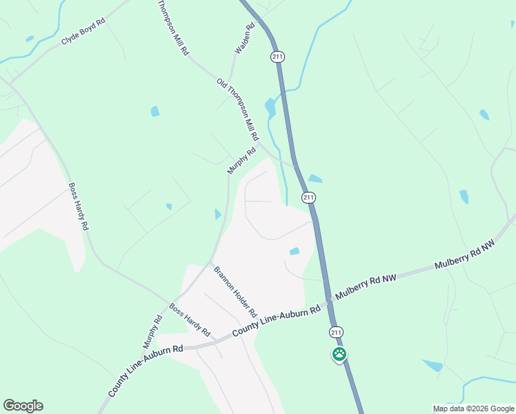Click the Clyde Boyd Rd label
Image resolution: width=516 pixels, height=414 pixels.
tap(83, 32)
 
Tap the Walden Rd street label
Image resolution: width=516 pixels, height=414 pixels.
tap(245, 39)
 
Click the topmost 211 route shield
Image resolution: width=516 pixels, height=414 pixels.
tap(277, 57)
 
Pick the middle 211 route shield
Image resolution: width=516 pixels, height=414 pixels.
tap(308, 198)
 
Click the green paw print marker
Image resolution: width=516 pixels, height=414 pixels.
tap(339, 355)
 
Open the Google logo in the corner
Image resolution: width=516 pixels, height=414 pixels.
tap(23, 406)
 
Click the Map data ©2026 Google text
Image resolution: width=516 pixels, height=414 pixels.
tap(473, 408)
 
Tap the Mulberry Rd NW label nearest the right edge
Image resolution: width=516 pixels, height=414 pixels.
tap(465, 255)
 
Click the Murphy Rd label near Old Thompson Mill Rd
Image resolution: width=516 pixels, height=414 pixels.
tap(241, 161)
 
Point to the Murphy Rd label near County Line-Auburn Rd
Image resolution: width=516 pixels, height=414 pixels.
tap(152, 332)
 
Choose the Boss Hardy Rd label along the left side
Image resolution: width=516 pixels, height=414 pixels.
tap(79, 206)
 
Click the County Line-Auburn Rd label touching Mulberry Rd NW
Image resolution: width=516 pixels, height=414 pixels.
tap(276, 319)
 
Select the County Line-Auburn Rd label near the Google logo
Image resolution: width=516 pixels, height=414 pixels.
tap(145, 371)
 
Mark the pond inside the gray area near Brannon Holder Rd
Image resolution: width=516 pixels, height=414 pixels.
tap(295, 251)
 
